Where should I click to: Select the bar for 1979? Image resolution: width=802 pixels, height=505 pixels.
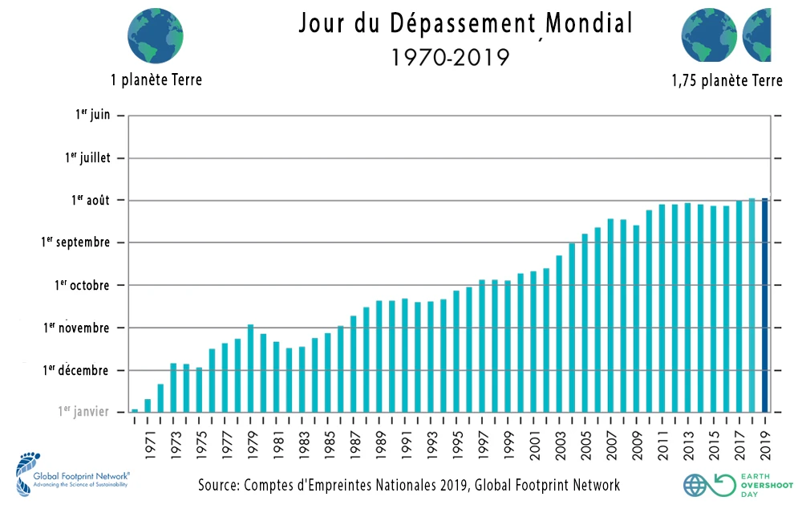point(251,369)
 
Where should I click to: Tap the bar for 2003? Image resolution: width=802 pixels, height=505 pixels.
point(559,334)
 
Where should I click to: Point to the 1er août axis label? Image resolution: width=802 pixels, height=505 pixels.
point(87,200)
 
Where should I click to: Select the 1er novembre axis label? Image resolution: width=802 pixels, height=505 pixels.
point(78,328)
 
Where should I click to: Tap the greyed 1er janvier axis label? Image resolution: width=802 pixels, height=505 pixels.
point(83,412)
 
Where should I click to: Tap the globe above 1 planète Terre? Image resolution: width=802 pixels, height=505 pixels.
point(156,36)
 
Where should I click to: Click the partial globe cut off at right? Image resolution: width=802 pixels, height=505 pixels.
point(757,36)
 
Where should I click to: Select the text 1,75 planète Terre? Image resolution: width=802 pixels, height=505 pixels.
point(727,81)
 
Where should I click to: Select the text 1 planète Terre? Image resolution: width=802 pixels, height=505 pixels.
point(157,80)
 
